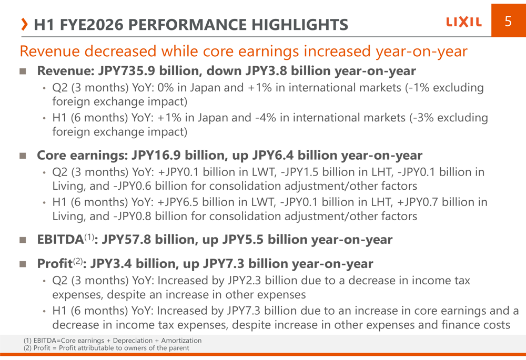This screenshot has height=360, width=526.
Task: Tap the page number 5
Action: (x=508, y=22)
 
